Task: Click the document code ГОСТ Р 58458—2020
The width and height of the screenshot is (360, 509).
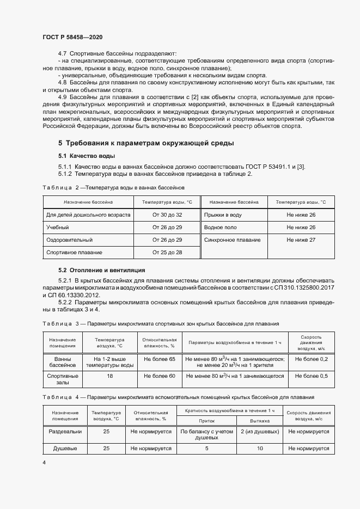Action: (x=72, y=37)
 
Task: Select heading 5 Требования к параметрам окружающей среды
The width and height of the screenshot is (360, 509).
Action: (x=146, y=144)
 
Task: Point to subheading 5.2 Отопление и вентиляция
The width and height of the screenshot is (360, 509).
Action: (x=101, y=270)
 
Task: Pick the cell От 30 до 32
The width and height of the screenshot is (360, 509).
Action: (x=167, y=215)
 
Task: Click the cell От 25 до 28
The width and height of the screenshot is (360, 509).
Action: (x=167, y=253)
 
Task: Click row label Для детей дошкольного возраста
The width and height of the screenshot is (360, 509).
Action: (x=88, y=215)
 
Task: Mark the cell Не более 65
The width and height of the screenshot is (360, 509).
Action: (x=160, y=359)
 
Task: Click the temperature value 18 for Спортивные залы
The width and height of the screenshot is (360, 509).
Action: (x=110, y=376)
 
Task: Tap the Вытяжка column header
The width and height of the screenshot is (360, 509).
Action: (x=260, y=421)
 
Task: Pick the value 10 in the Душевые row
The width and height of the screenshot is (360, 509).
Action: (x=260, y=449)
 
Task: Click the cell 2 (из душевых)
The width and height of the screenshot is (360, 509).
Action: (x=260, y=432)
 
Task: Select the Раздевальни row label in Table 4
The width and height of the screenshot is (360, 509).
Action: (x=65, y=432)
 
